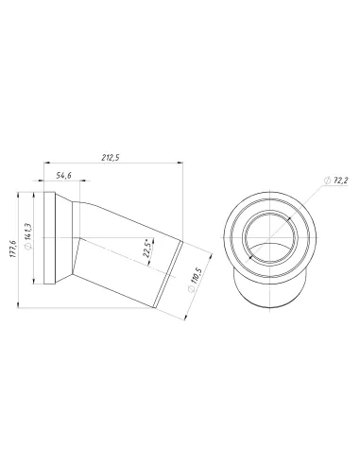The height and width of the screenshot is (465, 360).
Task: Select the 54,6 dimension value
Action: tap(64, 176)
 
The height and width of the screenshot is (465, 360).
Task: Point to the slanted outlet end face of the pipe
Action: tap(176, 274)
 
